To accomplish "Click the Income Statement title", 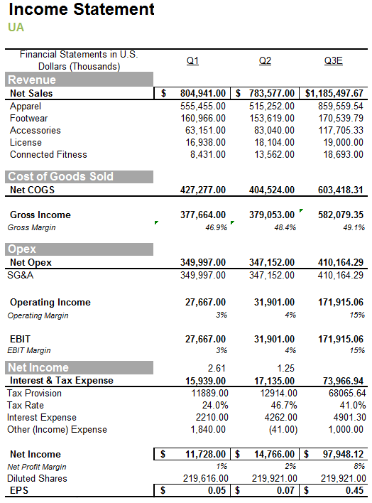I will click(81, 10).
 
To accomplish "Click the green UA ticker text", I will click(16, 28).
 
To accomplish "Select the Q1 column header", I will click(192, 61).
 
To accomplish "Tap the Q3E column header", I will click(333, 61).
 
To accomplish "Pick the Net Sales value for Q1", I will click(202, 93).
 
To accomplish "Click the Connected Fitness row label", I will click(48, 154).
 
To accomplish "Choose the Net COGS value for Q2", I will click(273, 190).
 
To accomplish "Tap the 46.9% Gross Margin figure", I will click(216, 227).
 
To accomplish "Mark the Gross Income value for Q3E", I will click(341, 215).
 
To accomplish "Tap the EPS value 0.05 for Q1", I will click(216, 490).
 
